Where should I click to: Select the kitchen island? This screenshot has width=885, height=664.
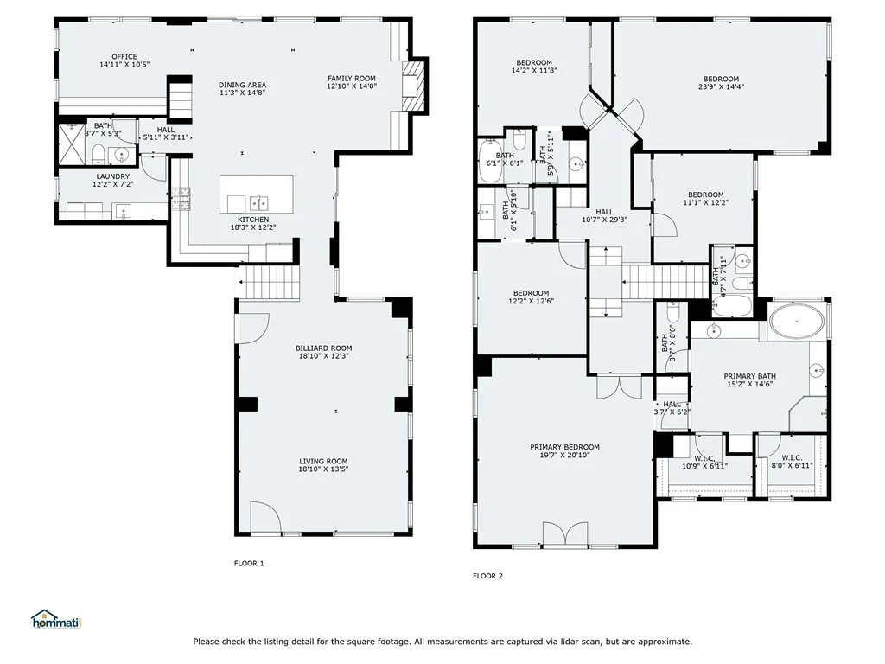pos(256,194)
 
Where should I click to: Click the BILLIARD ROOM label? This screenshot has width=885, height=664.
pos(323,348)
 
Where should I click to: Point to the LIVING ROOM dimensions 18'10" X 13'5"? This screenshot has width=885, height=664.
pos(323,469)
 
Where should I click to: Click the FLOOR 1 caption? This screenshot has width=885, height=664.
pos(249,564)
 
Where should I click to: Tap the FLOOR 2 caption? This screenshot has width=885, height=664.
pos(487,576)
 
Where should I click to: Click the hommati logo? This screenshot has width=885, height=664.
pos(55,619)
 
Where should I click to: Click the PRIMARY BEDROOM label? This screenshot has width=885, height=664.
pos(564,447)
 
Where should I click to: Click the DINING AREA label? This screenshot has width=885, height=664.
pos(242,85)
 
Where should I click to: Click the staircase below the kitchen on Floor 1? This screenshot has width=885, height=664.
pos(269,282)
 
